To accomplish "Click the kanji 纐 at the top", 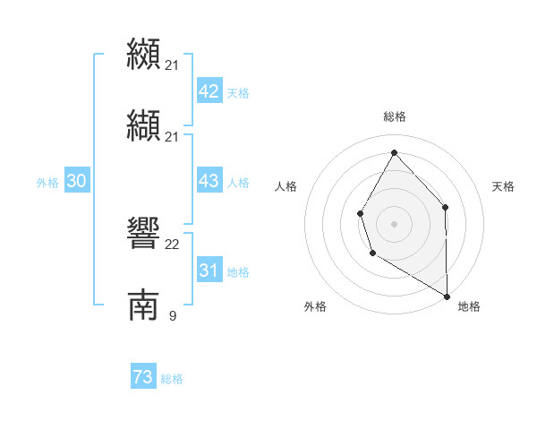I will (143, 54).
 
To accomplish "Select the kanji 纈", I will (143, 126).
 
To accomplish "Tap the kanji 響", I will (143, 234).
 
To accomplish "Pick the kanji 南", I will (143, 305).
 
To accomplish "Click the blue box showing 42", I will (209, 91).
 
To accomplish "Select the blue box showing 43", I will (209, 181).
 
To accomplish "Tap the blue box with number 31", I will (209, 271).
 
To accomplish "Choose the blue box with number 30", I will (76, 181).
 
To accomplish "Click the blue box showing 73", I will (143, 378).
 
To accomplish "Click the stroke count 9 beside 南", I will (172, 316).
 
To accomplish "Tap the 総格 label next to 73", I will (172, 380).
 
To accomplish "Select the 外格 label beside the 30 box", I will (47, 183).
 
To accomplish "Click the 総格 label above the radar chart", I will (394, 116).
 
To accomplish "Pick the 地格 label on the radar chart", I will (469, 306).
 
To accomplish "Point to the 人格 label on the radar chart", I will (286, 186).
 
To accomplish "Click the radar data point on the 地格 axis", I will (447, 295).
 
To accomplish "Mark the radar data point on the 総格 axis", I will (394, 151).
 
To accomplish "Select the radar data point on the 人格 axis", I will (360, 213).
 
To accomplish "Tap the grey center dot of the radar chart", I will (394, 223).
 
